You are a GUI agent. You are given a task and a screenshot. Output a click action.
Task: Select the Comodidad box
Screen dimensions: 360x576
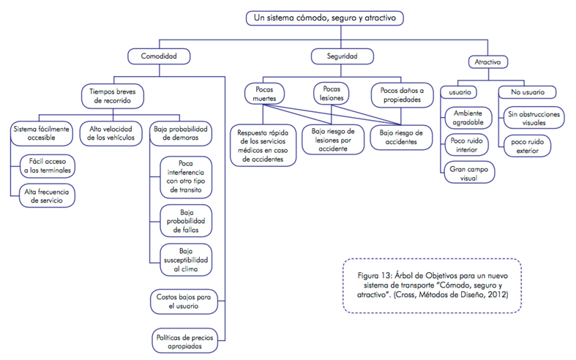click(159, 56)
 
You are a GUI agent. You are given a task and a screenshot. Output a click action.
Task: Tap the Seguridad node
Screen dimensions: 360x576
click(341, 56)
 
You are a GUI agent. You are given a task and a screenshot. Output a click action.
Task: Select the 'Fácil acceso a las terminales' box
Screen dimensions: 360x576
click(48, 166)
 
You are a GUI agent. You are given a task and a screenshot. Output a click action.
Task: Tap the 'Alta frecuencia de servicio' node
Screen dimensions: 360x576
click(48, 195)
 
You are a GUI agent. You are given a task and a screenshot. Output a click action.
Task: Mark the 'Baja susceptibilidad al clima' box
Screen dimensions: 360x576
click(185, 260)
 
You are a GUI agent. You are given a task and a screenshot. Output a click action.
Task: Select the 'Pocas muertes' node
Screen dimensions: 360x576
click(265, 94)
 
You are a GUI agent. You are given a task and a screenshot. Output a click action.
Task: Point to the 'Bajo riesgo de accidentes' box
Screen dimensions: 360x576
click(402, 137)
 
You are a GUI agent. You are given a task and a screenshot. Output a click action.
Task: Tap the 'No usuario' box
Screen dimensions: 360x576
click(527, 92)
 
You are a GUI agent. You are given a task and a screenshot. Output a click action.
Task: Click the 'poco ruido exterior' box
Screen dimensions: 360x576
click(527, 145)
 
